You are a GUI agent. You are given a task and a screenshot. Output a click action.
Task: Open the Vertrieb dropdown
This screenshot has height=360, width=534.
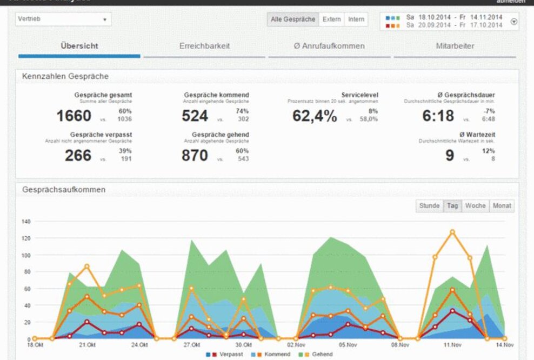click(x=63, y=19)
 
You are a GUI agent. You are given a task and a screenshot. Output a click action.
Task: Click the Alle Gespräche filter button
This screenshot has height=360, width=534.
click(x=293, y=19)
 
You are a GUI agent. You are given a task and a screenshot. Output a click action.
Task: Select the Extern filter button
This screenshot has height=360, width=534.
click(x=331, y=19)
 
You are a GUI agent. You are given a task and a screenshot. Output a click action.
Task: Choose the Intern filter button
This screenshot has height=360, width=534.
click(x=356, y=19)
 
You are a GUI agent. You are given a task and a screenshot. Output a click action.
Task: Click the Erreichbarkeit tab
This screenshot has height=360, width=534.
click(x=204, y=46)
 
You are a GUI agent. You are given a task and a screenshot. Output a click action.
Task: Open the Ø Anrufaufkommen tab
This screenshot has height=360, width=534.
click(x=329, y=46)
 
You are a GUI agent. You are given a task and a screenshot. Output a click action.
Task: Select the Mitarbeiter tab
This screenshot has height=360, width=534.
click(x=455, y=46)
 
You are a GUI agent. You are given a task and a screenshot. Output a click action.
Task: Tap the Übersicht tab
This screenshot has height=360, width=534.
click(x=79, y=46)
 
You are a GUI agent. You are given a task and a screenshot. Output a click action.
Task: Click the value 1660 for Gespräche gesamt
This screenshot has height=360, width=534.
click(x=74, y=116)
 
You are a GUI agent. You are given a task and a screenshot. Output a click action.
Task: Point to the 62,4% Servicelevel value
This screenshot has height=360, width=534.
click(x=315, y=116)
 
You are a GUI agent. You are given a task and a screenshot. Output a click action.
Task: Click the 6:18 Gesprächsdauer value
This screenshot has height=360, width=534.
click(x=438, y=116)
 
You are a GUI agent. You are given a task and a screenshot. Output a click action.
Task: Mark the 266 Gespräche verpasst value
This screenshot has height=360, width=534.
click(x=78, y=156)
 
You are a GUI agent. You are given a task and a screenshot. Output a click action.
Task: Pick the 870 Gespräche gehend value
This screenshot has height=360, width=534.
click(x=195, y=156)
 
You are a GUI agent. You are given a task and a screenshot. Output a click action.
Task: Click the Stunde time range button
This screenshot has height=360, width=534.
click(x=429, y=206)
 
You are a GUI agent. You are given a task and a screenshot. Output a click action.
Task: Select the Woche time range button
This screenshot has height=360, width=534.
click(x=475, y=206)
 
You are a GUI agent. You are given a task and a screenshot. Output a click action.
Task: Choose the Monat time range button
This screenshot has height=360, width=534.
click(x=502, y=206)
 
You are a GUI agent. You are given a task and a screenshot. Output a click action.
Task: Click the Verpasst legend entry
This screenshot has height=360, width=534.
click(x=228, y=355)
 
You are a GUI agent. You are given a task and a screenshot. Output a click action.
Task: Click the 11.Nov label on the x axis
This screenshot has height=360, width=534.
click(x=452, y=345)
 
